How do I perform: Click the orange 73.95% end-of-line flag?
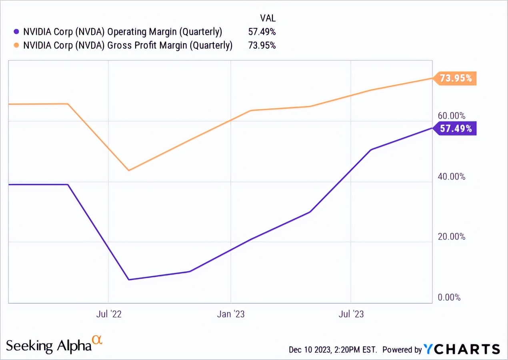[x=455, y=78]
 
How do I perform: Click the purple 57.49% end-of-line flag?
[x=455, y=128]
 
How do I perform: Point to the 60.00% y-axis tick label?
[x=452, y=116]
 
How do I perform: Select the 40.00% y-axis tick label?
[x=452, y=176]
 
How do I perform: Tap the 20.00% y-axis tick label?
[x=452, y=237]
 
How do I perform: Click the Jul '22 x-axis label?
[x=108, y=314]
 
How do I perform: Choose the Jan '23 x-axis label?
[x=231, y=314]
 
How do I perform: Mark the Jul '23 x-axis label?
[x=351, y=314]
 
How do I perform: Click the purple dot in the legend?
[x=16, y=32]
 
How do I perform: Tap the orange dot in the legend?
[x=16, y=45]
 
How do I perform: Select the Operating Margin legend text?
[x=122, y=32]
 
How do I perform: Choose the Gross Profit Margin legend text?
[x=128, y=45]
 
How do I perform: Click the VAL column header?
[x=268, y=18]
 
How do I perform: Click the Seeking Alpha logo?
[x=54, y=344]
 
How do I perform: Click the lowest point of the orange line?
[x=129, y=170]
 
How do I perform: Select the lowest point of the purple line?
[x=129, y=280]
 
